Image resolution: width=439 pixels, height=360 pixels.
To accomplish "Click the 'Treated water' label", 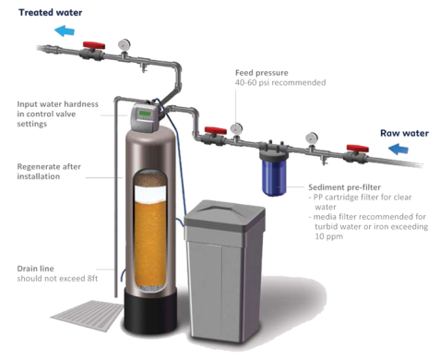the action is coord(51,13).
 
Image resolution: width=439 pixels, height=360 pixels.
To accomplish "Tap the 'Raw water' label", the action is coord(404,133).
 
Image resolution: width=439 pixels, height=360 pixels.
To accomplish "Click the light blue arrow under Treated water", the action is coord(65,30).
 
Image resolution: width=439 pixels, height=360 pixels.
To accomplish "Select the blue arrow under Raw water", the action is coord(398,150).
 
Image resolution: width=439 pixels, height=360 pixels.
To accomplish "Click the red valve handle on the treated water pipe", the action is coord(94,45).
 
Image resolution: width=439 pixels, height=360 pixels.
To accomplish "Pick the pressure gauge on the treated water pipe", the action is coord(125,44).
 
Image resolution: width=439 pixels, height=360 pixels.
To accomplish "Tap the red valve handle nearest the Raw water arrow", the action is coord(358,149).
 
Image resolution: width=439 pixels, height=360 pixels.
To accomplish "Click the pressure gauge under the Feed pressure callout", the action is coord(236,128).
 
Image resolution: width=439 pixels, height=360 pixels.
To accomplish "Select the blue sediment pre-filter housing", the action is coord(274,177).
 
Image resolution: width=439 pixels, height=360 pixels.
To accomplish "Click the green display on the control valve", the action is coord(145,114).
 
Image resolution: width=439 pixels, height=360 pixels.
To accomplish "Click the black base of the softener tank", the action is coord(150,311).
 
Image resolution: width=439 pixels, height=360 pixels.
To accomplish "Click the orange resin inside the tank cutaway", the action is coord(150,243).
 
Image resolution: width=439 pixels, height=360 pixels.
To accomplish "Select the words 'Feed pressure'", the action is coord(262,73).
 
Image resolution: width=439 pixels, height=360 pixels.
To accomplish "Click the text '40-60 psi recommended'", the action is coord(280,83).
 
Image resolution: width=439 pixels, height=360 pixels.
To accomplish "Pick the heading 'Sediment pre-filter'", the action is coord(344,187).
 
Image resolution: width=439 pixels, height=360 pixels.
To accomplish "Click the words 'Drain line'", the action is coord(35,269).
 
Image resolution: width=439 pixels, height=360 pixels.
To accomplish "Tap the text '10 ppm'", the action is coord(328,236).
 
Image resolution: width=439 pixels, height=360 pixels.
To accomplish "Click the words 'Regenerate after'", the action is coord(49,167).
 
